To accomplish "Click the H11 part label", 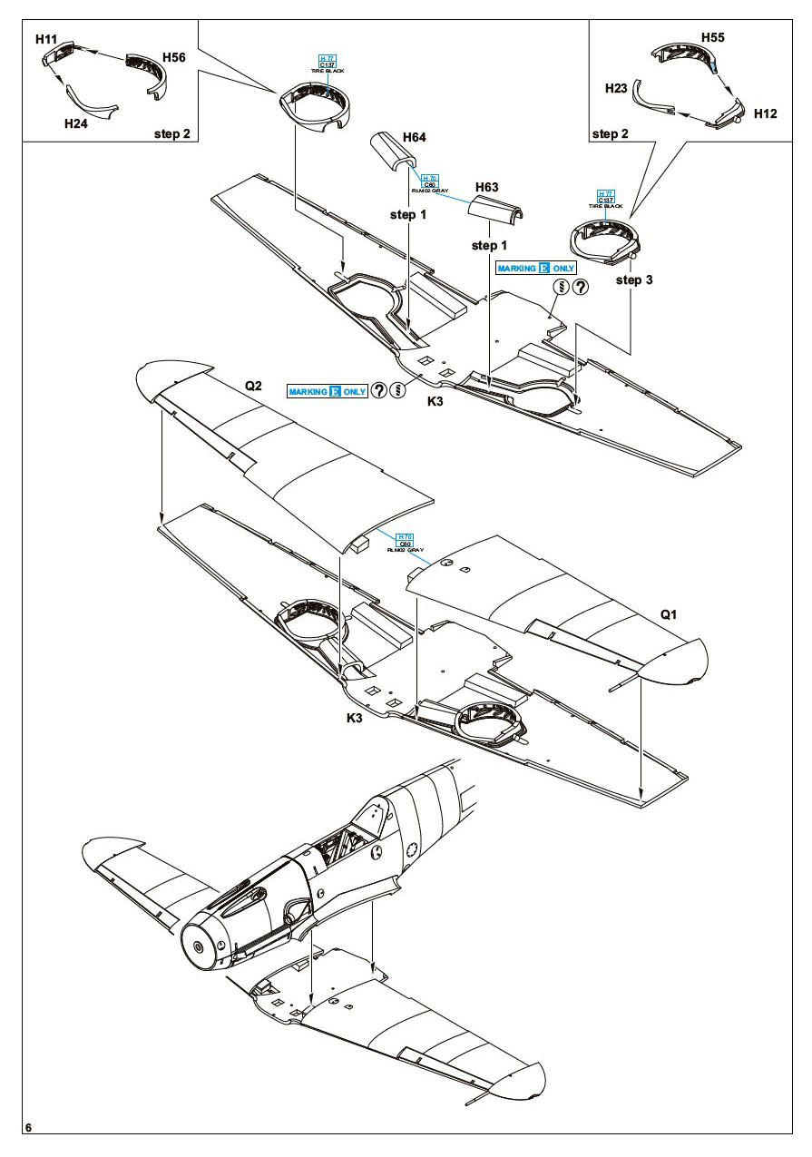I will [45, 39].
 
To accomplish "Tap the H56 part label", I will [174, 57].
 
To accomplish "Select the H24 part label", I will [76, 123].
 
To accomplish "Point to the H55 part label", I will [713, 38].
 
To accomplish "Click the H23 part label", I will [617, 87].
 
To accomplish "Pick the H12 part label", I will [765, 114].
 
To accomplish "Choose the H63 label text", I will [487, 187].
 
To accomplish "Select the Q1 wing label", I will [669, 614].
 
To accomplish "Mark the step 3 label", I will [634, 280].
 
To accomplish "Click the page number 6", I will [29, 1128].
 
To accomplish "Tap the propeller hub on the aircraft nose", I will [197, 946].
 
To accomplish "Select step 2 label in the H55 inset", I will [611, 133].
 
